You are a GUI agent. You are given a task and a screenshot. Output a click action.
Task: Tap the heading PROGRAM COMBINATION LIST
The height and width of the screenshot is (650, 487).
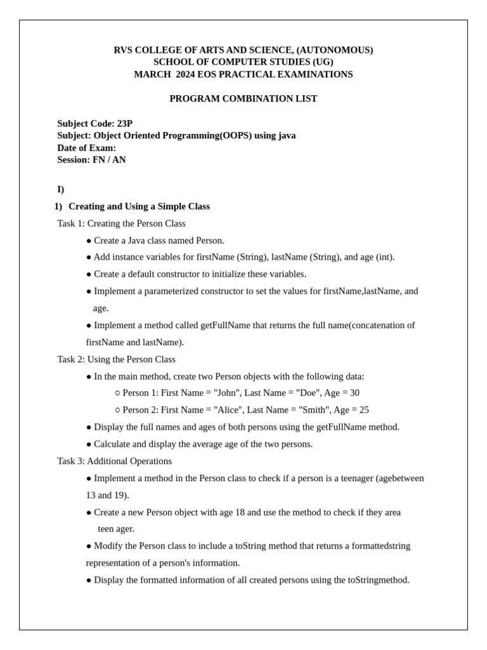(243, 98)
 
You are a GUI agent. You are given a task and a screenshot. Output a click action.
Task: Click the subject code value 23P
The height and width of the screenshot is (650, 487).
(125, 123)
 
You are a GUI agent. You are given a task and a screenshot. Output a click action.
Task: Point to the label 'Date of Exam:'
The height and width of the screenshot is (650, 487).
(87, 148)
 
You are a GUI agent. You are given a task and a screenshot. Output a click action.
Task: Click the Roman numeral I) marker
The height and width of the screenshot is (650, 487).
(61, 189)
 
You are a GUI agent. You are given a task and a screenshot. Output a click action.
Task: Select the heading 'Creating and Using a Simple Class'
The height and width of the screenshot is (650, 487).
(139, 206)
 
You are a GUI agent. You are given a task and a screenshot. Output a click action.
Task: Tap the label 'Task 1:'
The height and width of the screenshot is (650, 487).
(71, 223)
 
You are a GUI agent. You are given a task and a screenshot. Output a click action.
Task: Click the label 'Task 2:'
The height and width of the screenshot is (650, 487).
(71, 359)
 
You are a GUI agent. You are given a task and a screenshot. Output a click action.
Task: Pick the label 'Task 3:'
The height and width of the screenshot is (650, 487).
(71, 461)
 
